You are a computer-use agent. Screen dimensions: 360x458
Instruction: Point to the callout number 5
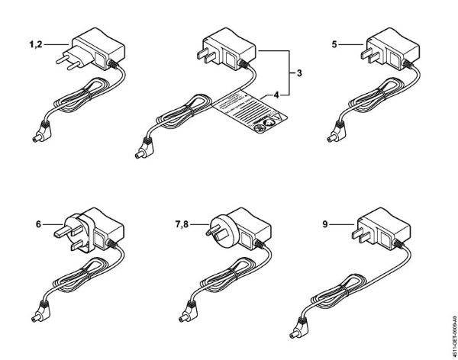click(x=334, y=45)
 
